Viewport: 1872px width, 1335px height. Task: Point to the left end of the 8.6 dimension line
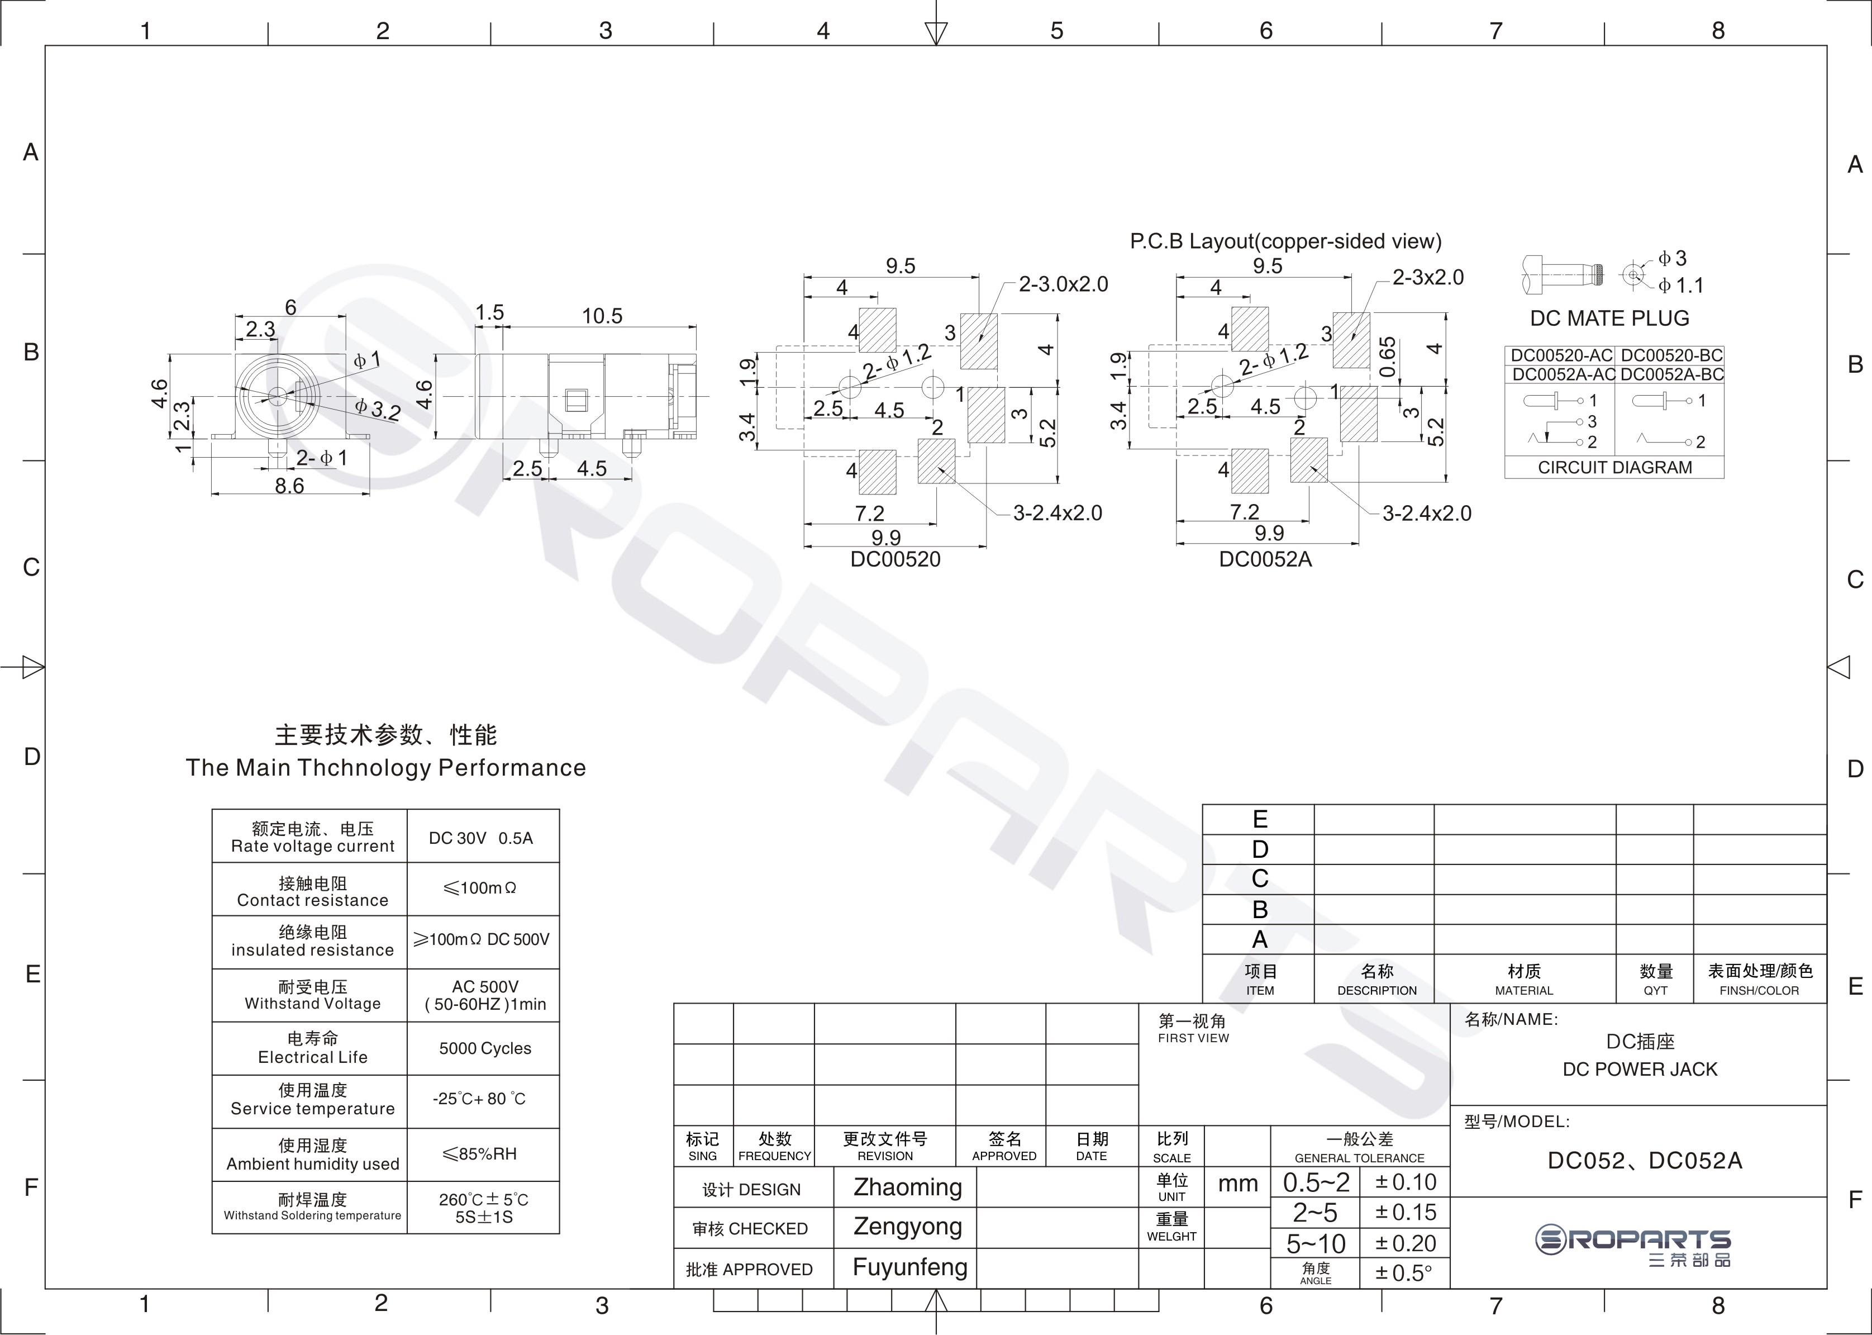coord(212,494)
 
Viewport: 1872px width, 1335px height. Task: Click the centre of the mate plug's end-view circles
coord(1633,274)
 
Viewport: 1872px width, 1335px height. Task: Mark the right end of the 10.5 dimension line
coord(696,327)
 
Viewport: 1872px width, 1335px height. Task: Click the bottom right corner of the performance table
coord(559,1233)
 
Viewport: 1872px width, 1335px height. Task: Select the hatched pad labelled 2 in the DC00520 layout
coord(937,461)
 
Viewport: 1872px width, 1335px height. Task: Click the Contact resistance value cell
coord(483,889)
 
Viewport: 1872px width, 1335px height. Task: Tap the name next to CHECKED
coord(907,1227)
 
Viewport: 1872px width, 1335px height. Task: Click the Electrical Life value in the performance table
coord(485,1048)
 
